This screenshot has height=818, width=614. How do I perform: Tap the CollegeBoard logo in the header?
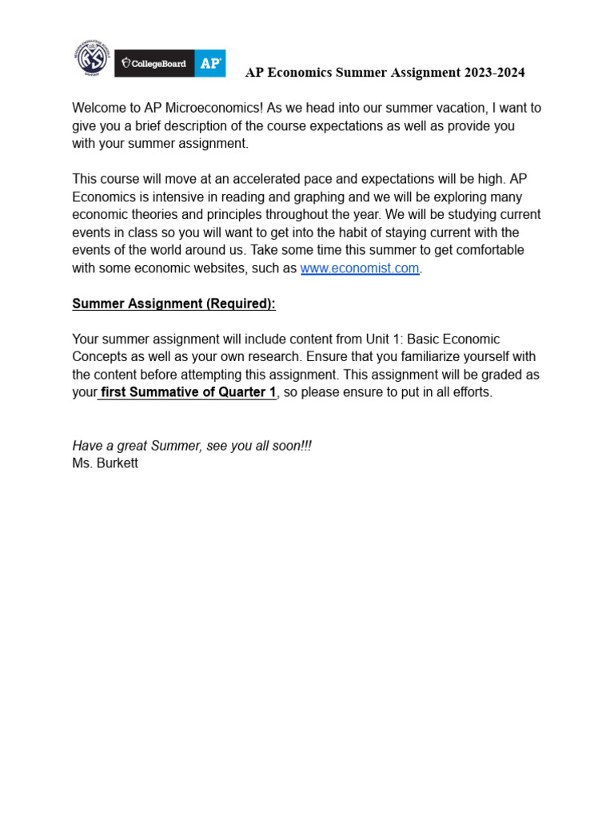(x=154, y=63)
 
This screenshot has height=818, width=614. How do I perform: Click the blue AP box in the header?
(x=210, y=63)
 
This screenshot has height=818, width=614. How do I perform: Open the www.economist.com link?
(x=360, y=268)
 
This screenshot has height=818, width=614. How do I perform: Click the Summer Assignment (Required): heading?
(x=173, y=304)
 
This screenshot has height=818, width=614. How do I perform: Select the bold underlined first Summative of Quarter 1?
(x=187, y=393)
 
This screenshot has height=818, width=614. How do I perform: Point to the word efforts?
(x=471, y=393)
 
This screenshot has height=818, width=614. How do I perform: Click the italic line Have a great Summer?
(x=192, y=446)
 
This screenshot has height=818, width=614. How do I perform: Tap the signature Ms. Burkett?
(x=105, y=463)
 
